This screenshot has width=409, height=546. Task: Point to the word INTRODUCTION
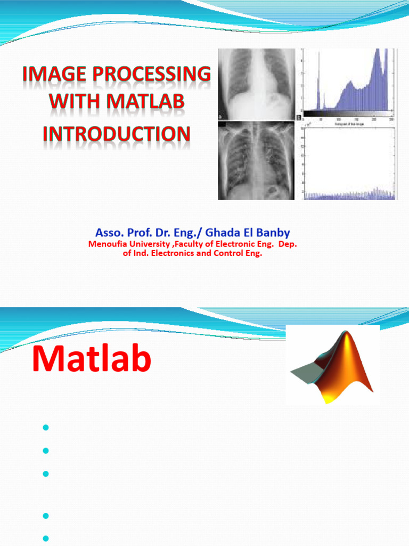116,133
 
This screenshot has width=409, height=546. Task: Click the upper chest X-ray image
256,84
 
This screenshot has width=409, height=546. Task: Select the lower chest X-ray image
256,160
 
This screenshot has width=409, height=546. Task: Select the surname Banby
272,232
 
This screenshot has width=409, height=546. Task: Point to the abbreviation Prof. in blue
134,232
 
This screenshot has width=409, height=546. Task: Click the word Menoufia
106,244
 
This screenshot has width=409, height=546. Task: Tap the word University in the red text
146,244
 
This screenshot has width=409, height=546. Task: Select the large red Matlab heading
92,359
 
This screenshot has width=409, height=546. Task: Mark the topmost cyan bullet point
45,428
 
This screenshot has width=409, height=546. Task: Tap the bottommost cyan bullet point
45,538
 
